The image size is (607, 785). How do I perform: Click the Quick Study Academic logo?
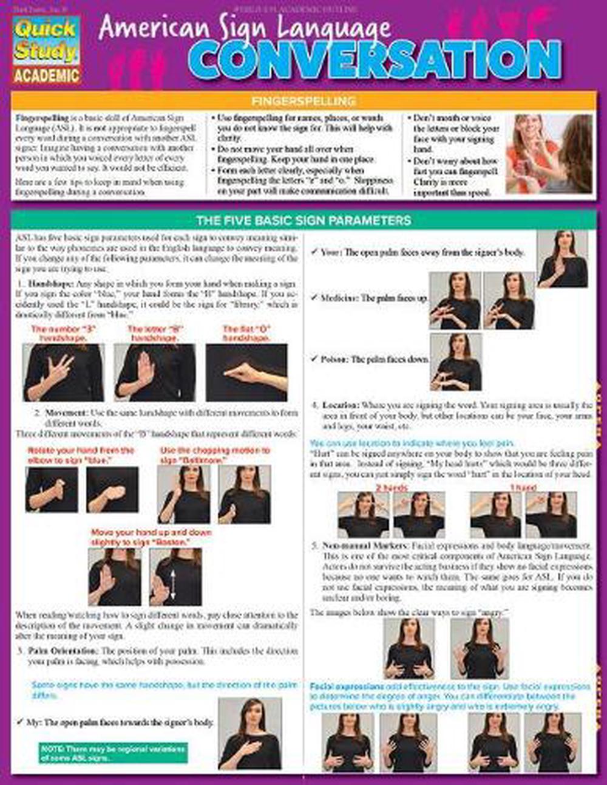[x=47, y=50]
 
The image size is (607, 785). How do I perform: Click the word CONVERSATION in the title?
[x=374, y=60]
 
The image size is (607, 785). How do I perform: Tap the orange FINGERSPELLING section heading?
[x=303, y=101]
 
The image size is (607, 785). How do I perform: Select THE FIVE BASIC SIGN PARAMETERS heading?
[x=303, y=220]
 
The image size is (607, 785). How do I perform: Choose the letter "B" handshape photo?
[x=155, y=372]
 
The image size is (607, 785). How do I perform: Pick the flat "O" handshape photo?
[x=246, y=372]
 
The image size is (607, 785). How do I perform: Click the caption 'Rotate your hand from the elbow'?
[x=80, y=455]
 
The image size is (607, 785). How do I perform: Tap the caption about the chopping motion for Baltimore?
[x=214, y=455]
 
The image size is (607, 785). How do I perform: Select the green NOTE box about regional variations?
[x=113, y=753]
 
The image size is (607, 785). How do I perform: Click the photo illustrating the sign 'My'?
[x=249, y=733]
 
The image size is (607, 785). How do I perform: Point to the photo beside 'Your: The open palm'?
[x=562, y=259]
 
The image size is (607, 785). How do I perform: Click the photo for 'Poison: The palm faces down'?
[x=455, y=362]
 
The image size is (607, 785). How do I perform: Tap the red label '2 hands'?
[x=392, y=487]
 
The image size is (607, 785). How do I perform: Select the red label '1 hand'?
[x=523, y=487]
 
